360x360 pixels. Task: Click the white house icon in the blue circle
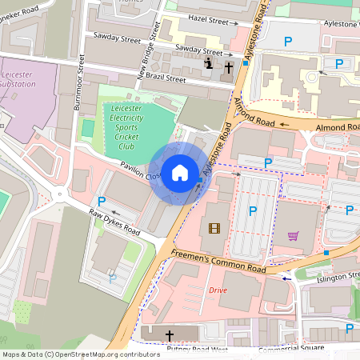point(180,173)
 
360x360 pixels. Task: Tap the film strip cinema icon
point(214,228)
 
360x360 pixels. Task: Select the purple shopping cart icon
point(293,236)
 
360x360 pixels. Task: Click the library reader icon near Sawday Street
point(210,64)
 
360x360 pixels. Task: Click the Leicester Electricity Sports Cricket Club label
point(126,126)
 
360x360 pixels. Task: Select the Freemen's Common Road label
point(220,263)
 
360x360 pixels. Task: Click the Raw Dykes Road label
point(114,222)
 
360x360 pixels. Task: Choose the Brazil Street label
point(165,79)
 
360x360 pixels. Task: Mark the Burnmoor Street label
point(78,89)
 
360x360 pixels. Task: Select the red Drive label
point(218,290)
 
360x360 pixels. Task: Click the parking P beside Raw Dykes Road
point(102,201)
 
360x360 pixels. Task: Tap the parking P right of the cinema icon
point(253,211)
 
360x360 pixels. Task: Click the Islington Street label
point(338,276)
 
